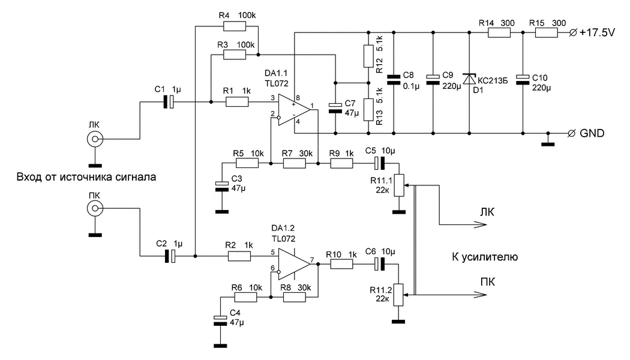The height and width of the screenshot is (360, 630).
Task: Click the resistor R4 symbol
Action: pos(235,26)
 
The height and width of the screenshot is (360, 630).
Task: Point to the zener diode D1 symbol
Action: pos(469,80)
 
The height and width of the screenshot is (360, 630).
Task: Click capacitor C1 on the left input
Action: pos(170,102)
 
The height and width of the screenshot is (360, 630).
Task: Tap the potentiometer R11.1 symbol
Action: pos(397,186)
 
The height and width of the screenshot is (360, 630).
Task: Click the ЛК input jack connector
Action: pos(93,139)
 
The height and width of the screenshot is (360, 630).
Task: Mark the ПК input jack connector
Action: pos(93,209)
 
